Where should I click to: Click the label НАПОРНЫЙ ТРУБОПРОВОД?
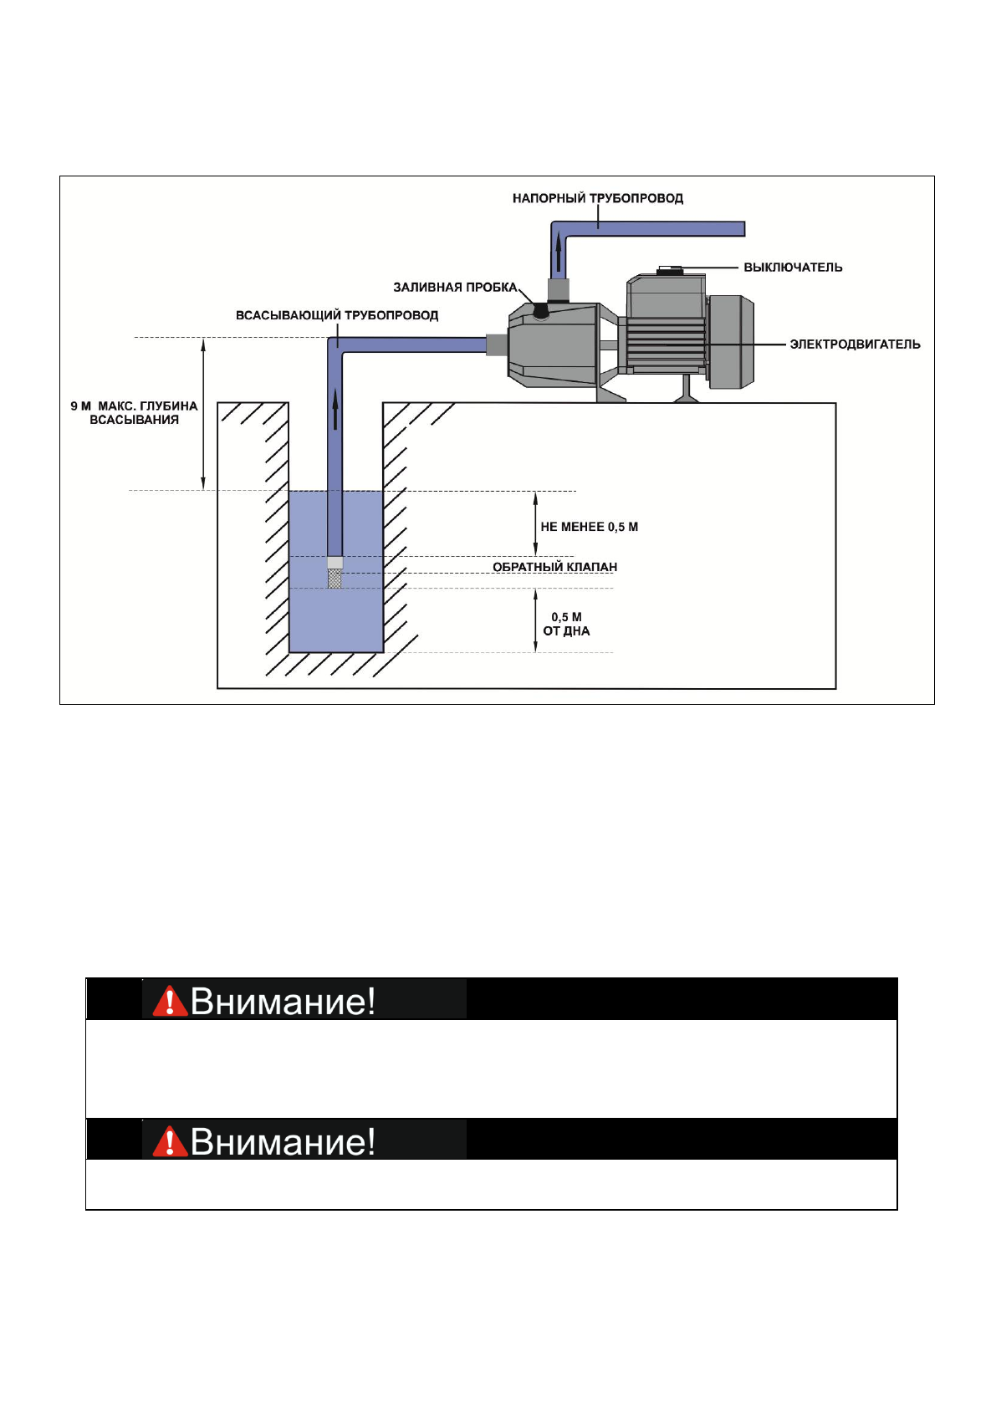[x=597, y=198]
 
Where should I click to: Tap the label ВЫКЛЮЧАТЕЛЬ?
[x=793, y=268]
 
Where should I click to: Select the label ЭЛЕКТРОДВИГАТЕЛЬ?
[x=855, y=344]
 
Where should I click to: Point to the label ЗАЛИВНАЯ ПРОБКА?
[x=455, y=288]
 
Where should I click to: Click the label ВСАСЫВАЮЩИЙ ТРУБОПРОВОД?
[x=337, y=315]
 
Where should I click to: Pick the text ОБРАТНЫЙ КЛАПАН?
[x=554, y=567]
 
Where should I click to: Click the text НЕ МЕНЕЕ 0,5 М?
[x=589, y=527]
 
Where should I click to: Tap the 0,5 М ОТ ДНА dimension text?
[x=566, y=625]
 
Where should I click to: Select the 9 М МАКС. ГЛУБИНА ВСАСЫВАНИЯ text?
[x=134, y=413]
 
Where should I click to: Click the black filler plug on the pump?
[x=541, y=311]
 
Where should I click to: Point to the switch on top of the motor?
[x=670, y=270]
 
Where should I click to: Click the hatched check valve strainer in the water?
[x=335, y=578]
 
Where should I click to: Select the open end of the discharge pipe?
[x=743, y=228]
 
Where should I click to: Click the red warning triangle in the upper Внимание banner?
[x=170, y=1001]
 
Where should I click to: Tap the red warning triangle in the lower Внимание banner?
[x=170, y=1141]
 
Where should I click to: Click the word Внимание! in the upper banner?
[x=283, y=1001]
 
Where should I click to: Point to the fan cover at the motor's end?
[x=732, y=341]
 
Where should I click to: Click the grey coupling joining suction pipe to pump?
[x=497, y=344]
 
